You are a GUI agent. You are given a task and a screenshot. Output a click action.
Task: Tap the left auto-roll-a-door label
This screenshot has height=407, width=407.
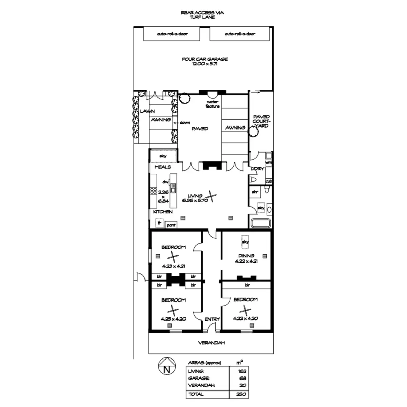[172, 34]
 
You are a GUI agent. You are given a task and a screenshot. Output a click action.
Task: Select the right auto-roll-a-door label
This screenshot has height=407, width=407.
[240, 34]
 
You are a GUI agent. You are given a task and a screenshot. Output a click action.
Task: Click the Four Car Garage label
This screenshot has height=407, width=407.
[205, 61]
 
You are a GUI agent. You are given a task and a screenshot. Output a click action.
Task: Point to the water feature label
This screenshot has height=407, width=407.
[213, 104]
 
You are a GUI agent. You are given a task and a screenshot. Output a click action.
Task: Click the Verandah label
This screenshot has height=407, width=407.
[211, 343]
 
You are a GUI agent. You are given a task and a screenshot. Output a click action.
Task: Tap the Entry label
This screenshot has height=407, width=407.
[212, 319]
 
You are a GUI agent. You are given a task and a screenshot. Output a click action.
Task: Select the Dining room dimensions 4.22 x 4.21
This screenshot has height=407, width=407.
[246, 261]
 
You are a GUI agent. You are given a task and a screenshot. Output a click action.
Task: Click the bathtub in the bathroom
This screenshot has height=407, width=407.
[260, 223]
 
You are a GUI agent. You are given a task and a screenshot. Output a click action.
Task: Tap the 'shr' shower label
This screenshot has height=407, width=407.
[255, 192]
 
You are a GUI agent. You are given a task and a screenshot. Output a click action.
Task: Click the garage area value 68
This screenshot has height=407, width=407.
[243, 378]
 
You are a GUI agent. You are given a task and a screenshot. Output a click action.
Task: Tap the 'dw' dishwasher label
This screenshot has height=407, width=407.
[165, 182]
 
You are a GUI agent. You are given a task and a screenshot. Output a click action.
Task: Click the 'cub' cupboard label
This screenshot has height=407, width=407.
[269, 182]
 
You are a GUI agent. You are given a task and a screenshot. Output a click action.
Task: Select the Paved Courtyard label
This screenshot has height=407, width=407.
[261, 121]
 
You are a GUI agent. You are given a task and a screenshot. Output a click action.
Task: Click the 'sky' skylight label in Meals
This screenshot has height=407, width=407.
[163, 156]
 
